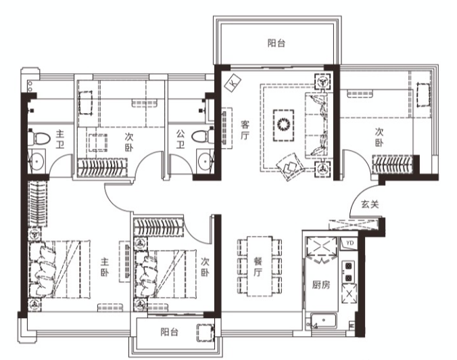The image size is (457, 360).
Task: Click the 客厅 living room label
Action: click(245, 130)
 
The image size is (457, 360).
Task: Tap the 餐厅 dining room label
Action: click(258, 267)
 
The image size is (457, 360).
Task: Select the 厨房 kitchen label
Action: click(321, 284)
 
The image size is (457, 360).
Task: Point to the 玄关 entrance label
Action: click(370, 204)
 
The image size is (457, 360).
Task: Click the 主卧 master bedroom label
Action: click(105, 267)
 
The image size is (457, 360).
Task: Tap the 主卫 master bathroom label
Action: click(59, 139)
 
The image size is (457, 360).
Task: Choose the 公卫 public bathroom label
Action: click(181, 139)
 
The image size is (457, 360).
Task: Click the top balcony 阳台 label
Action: click(276, 43)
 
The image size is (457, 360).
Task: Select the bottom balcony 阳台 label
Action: click(169, 332)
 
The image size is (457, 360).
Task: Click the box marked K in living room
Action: click(233, 83)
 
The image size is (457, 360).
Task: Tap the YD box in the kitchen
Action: click(350, 243)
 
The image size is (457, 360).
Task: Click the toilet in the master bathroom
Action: click(39, 138)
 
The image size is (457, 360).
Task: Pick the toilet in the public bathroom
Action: click(203, 136)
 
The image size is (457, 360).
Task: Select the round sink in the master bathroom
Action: click(37, 160)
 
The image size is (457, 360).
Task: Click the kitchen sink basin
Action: click(324, 321)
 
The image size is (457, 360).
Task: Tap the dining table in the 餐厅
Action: click(260, 267)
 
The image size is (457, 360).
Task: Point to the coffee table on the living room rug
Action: click(283, 125)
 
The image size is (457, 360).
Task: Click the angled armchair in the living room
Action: click(290, 166)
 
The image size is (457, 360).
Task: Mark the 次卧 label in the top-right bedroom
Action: click(379, 137)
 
